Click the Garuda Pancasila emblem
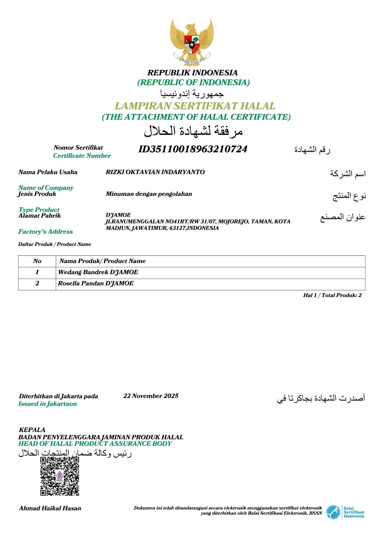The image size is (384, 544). click(192, 42)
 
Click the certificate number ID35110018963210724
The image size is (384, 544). click(193, 149)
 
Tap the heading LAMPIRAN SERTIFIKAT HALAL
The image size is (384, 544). click(195, 106)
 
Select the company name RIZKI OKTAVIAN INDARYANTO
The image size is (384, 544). click(155, 172)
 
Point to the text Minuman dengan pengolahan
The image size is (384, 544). click(149, 194)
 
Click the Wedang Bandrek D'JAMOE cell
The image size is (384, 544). click(98, 272)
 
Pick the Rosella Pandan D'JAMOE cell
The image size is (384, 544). click(96, 283)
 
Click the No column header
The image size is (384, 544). click(37, 261)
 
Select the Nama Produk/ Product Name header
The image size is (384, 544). click(102, 261)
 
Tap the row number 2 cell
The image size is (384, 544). click(37, 283)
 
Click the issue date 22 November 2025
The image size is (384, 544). click(151, 396)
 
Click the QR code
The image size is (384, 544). click(60, 476)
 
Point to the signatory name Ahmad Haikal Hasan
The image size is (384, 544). click(50, 508)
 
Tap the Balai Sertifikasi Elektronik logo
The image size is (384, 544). click(345, 512)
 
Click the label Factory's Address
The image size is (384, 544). click(45, 232)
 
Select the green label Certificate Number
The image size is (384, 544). click(82, 156)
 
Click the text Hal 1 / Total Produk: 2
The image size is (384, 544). click(332, 295)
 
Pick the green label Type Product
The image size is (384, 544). click(39, 210)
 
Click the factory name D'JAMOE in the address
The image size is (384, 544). click(118, 215)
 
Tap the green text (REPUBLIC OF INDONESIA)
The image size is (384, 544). click(193, 82)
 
